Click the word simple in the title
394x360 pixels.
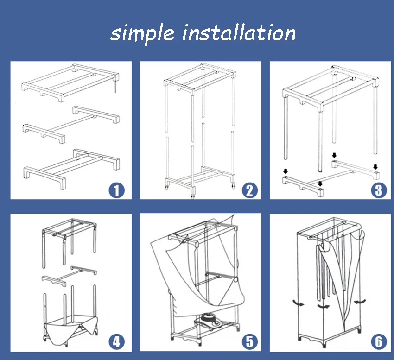tap(142, 34)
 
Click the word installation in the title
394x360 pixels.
tap(239, 32)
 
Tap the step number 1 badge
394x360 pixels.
tap(117, 190)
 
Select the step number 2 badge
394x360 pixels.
tap(250, 190)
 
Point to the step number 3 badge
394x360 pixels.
tap(379, 190)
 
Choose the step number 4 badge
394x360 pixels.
tap(117, 341)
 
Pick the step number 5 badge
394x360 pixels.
tap(250, 341)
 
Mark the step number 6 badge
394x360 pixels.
tap(379, 341)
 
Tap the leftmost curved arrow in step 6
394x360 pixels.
tap(298, 303)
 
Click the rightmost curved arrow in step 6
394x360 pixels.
tap(360, 302)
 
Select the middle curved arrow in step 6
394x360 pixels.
tap(323, 307)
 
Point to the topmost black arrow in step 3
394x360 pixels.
tap(334, 155)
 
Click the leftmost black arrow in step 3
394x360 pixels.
tap(286, 171)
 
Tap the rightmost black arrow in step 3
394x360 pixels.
tap(375, 167)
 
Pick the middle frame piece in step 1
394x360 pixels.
tap(71, 124)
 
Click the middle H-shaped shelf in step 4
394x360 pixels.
tap(70, 276)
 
